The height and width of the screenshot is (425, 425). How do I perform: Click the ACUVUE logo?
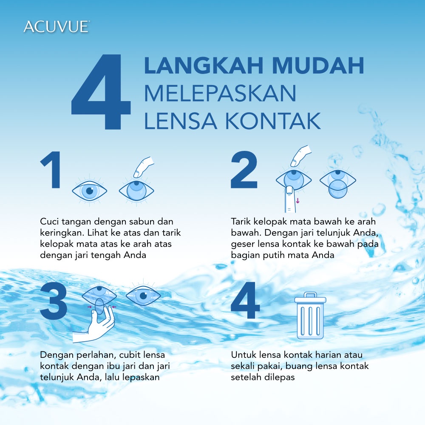pyautogui.click(x=57, y=27)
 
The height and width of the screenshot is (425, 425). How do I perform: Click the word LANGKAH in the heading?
pyautogui.click(x=204, y=65)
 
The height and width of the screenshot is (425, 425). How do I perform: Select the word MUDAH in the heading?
pyautogui.click(x=318, y=65)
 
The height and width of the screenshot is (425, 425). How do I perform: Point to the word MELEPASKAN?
pyautogui.click(x=220, y=93)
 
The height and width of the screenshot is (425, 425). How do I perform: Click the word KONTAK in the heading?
pyautogui.click(x=273, y=121)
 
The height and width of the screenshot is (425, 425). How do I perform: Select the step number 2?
pyautogui.click(x=244, y=170)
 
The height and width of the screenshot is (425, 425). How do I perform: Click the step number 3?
pyautogui.click(x=54, y=301)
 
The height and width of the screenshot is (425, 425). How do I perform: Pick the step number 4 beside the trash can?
pyautogui.click(x=245, y=300)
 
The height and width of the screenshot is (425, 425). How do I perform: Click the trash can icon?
pyautogui.click(x=310, y=315)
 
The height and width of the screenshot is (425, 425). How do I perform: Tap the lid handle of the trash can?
pyautogui.click(x=310, y=295)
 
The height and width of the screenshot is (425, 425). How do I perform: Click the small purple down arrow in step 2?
pyautogui.click(x=297, y=201)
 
